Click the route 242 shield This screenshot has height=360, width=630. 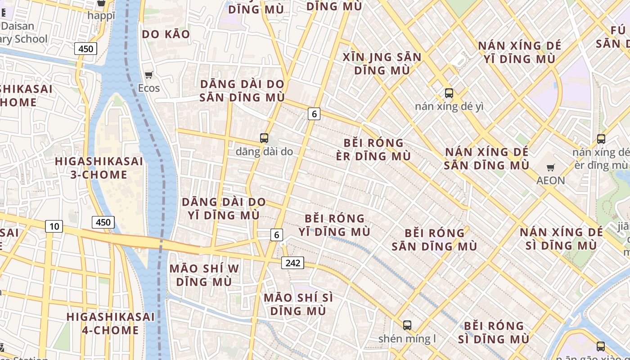tap(292, 263)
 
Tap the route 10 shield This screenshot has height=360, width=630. tap(54, 226)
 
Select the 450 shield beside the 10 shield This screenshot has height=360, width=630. tap(103, 222)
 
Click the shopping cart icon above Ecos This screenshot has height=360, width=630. tap(148, 75)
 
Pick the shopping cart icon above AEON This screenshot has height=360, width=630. tap(550, 168)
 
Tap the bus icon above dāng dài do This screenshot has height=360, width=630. tap(264, 138)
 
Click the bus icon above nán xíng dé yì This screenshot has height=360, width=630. tap(449, 93)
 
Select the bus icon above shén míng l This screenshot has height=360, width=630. tap(407, 325)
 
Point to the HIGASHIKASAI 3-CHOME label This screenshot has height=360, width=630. tap(99, 168)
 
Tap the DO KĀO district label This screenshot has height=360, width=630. tap(166, 34)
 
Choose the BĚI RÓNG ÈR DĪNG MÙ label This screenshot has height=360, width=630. tap(373, 149)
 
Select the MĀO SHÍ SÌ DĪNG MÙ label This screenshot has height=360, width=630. tap(298, 304)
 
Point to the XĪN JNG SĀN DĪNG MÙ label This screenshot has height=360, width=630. tap(382, 64)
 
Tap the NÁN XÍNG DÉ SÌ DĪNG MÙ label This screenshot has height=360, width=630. tap(561, 238)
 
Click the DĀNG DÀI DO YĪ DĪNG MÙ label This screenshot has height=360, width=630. tap(224, 208)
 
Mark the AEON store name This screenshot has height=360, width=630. tap(550, 180)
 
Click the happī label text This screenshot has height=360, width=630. tap(101, 15)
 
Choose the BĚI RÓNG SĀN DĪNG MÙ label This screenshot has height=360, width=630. tap(434, 239)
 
